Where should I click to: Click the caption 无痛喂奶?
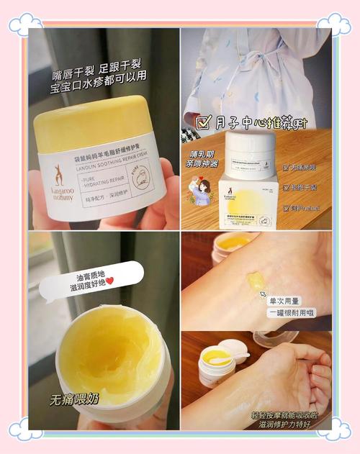pos(74,399)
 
